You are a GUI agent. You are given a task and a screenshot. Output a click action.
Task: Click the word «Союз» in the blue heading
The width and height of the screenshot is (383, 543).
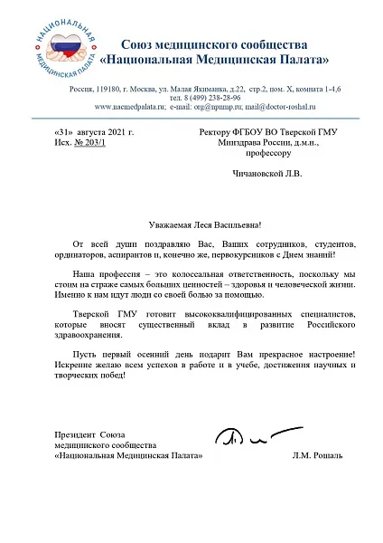pyautogui.click(x=137, y=44)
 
